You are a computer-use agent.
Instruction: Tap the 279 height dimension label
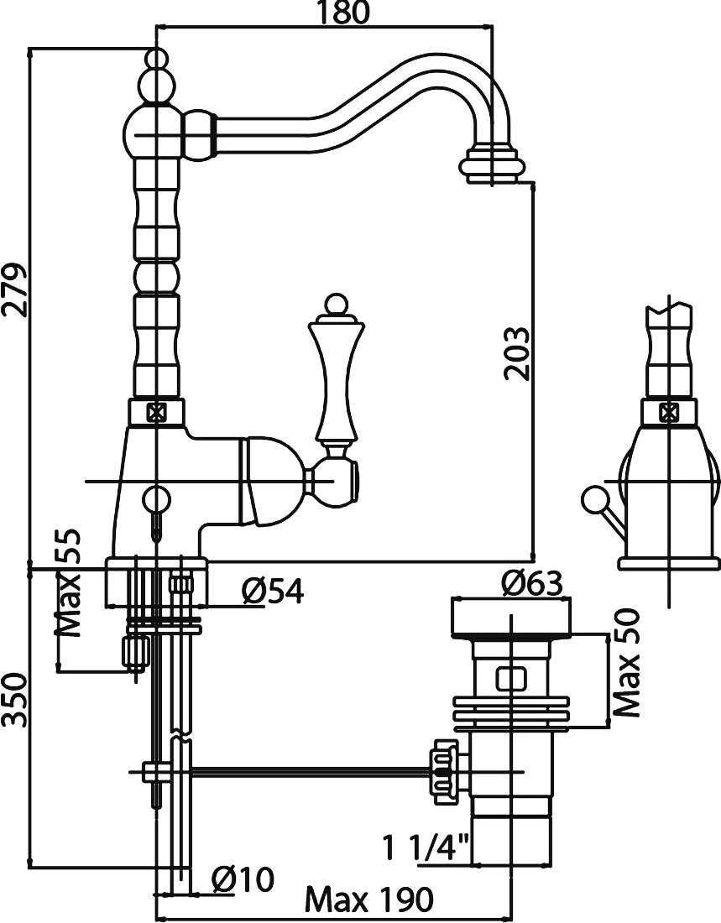pos(14,291)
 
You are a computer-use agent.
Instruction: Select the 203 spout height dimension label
pos(516,353)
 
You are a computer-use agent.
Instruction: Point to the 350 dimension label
pos(15,699)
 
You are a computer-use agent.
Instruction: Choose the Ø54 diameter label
pos(273,591)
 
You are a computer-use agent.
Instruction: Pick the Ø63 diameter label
pos(532,583)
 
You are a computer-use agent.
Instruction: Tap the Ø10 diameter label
pos(242,879)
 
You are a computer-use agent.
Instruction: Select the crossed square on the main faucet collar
pos(157,412)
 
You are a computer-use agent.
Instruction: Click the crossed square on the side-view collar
pos(669,412)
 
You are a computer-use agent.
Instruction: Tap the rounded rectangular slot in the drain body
pos(510,680)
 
